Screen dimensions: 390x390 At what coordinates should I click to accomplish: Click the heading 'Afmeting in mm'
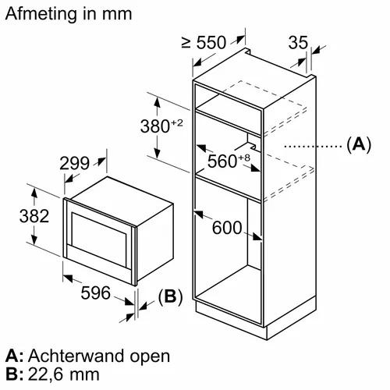pyautogui.click(x=69, y=13)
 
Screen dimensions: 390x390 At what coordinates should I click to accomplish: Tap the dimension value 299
pyautogui.click(x=75, y=164)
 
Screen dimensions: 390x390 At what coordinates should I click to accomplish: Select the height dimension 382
pyautogui.click(x=34, y=216)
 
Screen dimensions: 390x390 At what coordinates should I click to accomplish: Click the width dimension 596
pyautogui.click(x=96, y=292)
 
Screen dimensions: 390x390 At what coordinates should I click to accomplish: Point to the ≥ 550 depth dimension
pyautogui.click(x=204, y=42)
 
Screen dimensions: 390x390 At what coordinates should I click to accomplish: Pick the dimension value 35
pyautogui.click(x=298, y=42)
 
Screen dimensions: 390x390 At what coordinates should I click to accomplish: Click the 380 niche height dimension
pyautogui.click(x=155, y=126)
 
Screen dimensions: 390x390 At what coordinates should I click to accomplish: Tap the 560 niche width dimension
pyautogui.click(x=222, y=161)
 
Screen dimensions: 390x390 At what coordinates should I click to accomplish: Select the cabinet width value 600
pyautogui.click(x=227, y=228)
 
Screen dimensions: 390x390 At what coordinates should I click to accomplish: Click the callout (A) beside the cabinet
pyautogui.click(x=359, y=144)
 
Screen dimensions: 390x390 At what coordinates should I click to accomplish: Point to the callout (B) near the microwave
pyautogui.click(x=171, y=296)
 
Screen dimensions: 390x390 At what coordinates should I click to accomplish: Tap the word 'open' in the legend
pyautogui.click(x=150, y=357)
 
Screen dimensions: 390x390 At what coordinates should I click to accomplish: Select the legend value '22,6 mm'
pyautogui.click(x=63, y=374)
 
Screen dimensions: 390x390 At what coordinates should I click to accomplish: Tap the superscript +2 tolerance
pyautogui.click(x=177, y=122)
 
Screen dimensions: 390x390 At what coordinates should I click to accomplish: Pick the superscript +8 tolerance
pyautogui.click(x=244, y=158)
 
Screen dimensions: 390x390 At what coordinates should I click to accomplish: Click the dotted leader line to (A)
pyautogui.click(x=314, y=147)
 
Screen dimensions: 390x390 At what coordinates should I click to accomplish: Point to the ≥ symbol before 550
pyautogui.click(x=186, y=43)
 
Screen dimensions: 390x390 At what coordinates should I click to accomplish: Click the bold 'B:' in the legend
pyautogui.click(x=14, y=374)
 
